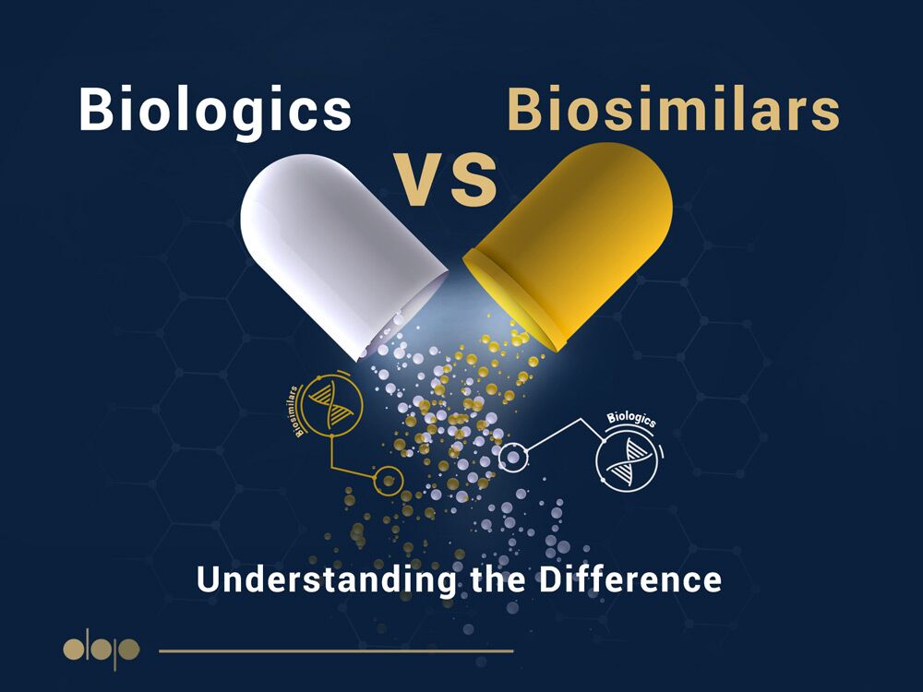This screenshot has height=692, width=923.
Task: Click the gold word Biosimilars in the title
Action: (x=673, y=109)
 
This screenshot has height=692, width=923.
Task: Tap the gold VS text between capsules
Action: (x=446, y=180)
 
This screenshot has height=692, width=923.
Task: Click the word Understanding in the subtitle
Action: (x=327, y=579)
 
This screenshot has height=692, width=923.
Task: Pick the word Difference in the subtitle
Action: (x=629, y=579)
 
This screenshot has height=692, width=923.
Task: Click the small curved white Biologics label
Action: (x=631, y=418)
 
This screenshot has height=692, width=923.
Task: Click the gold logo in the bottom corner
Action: (x=102, y=650)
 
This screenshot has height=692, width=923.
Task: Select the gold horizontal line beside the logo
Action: (x=336, y=650)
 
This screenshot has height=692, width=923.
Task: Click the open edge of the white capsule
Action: (x=405, y=315)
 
